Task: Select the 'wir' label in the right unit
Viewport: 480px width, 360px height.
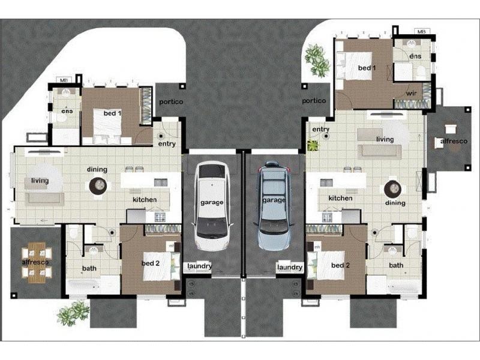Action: pyautogui.click(x=412, y=93)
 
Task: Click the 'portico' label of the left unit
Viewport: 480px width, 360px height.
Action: pyautogui.click(x=171, y=102)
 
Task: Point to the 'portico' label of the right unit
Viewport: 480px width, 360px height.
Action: pyautogui.click(x=314, y=101)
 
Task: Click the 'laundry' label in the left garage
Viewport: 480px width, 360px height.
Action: pyautogui.click(x=199, y=266)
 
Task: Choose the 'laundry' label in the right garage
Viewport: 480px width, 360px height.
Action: pyautogui.click(x=289, y=266)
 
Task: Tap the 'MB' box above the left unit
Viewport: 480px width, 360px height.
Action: pyautogui.click(x=63, y=79)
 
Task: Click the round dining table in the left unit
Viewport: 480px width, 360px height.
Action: pyautogui.click(x=97, y=186)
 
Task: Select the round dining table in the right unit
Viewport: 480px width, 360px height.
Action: pyautogui.click(x=392, y=188)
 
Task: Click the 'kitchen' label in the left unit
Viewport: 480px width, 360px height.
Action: pyautogui.click(x=145, y=199)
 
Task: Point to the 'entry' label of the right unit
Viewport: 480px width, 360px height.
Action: pyautogui.click(x=321, y=129)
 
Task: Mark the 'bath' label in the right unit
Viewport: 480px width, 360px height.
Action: pyautogui.click(x=396, y=265)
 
